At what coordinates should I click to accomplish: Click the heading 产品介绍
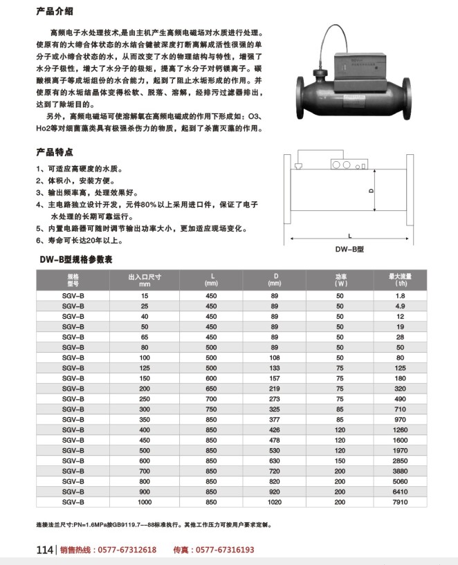click(55, 12)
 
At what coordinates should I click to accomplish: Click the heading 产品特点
click(55, 151)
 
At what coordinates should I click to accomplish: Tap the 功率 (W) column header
click(340, 279)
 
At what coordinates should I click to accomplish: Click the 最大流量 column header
click(400, 279)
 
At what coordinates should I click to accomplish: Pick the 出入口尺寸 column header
click(144, 279)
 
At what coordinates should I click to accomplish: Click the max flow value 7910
click(400, 502)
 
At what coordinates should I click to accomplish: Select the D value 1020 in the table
click(275, 502)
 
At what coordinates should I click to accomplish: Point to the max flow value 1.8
click(400, 295)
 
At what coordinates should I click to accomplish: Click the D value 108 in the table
click(275, 358)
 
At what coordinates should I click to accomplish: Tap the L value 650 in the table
click(211, 389)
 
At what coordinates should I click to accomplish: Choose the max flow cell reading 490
click(400, 399)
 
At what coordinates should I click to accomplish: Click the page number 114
click(44, 550)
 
